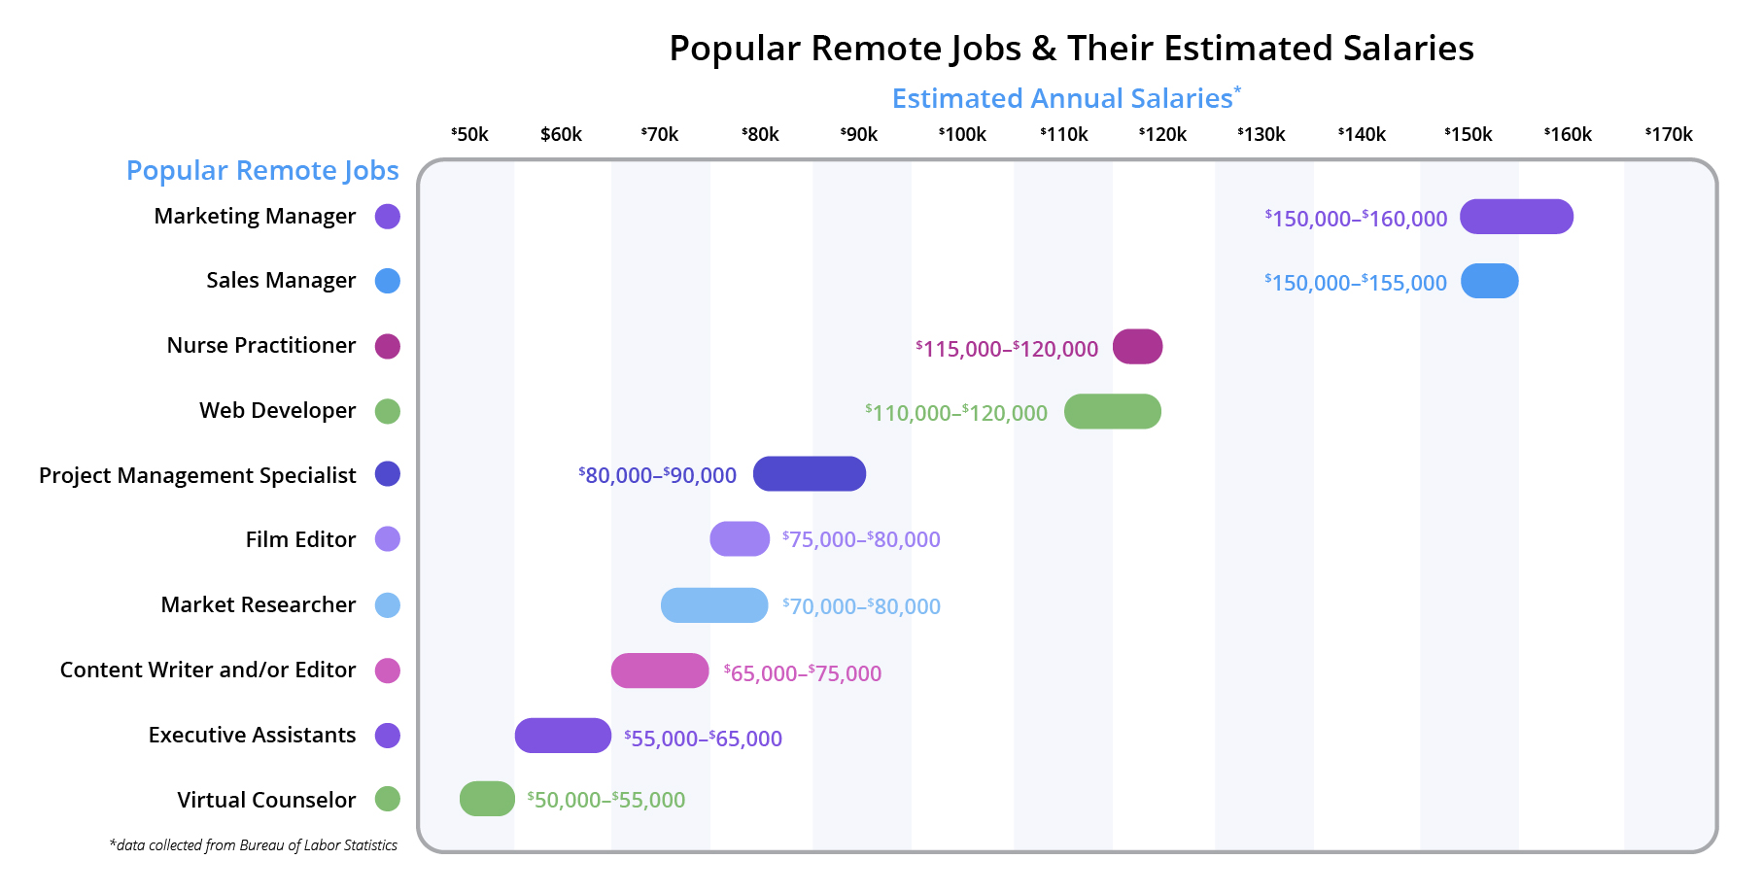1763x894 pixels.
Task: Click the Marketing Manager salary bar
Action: click(1516, 217)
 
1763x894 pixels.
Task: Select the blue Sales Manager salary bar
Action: click(1489, 281)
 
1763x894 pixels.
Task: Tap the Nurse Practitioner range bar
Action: click(1137, 347)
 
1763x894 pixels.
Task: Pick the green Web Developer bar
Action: click(1112, 411)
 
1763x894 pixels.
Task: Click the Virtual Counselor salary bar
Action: click(487, 799)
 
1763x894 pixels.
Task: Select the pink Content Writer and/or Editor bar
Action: click(659, 670)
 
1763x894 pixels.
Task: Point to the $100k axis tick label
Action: click(962, 134)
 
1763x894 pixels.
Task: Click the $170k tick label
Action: click(1669, 134)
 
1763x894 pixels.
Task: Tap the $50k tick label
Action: click(469, 134)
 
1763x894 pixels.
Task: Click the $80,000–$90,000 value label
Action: click(658, 475)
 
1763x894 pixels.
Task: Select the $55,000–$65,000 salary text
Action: click(703, 739)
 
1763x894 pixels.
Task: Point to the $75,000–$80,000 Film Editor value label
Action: click(861, 539)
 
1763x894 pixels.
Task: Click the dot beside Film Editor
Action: click(388, 539)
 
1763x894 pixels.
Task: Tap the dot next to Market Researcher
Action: click(388, 604)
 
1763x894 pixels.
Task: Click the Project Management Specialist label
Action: click(197, 475)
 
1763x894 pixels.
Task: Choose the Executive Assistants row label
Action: click(252, 735)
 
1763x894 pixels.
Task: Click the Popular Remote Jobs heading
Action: click(262, 170)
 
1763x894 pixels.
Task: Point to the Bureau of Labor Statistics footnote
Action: click(254, 845)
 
